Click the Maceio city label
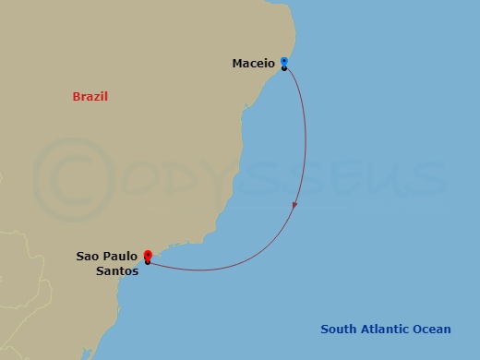tap(253, 64)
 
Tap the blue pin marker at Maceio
tap(284, 62)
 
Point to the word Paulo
tap(121, 257)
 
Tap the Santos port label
tap(116, 270)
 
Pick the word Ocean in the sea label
tap(431, 330)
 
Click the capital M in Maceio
tap(237, 64)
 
